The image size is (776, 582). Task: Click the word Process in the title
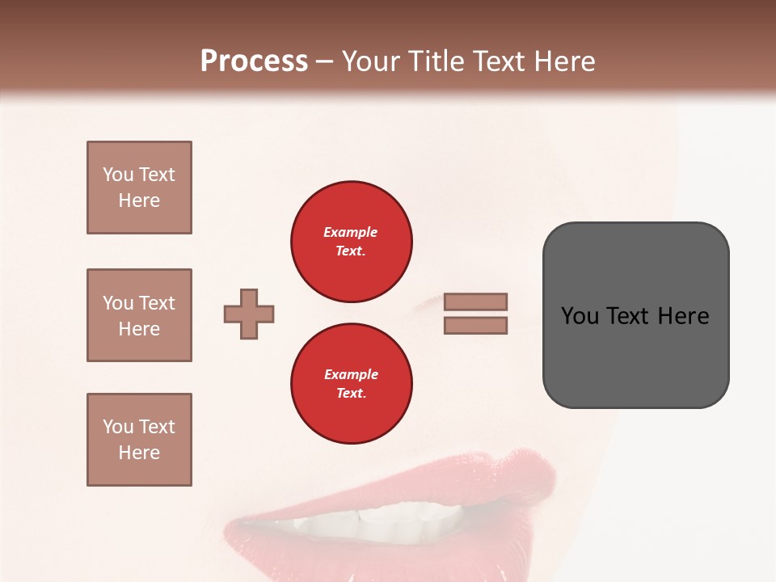[254, 61]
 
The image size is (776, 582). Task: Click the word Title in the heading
[434, 61]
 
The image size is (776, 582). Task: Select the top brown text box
[139, 188]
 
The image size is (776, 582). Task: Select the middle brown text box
[139, 315]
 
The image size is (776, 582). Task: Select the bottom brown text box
[139, 440]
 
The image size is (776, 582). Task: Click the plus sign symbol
[249, 314]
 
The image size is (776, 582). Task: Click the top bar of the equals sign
[475, 302]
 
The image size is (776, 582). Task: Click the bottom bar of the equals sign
[475, 325]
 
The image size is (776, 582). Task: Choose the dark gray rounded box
[635, 356]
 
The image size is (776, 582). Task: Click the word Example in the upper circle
[351, 232]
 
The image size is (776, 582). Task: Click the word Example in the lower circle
[351, 374]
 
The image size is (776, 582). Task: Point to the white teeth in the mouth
[380, 517]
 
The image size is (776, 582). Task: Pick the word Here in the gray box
[683, 316]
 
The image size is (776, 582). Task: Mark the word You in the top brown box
[118, 175]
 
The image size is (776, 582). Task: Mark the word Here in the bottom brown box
[139, 453]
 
